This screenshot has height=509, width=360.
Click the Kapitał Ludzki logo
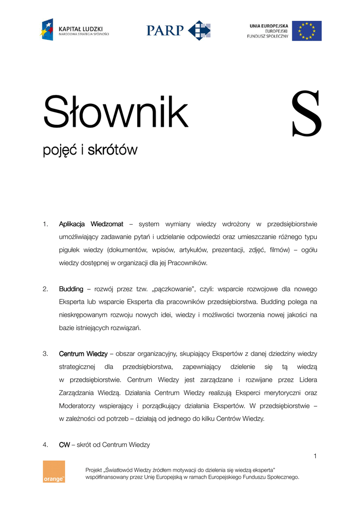(x=75, y=30)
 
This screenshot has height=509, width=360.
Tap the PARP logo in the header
(x=179, y=30)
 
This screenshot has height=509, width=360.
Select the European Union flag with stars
(x=306, y=31)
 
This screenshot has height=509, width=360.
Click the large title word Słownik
(x=116, y=112)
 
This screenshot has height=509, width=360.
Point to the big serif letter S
(x=306, y=115)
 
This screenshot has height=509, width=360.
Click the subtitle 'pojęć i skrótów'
(x=90, y=150)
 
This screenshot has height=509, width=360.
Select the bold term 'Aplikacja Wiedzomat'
(x=91, y=224)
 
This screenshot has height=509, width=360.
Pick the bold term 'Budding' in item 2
(x=71, y=289)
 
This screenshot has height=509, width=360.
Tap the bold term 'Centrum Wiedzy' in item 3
(x=83, y=354)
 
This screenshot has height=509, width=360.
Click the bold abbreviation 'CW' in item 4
(x=65, y=445)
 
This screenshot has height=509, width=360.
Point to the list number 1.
(x=45, y=224)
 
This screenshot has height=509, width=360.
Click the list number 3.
(x=45, y=354)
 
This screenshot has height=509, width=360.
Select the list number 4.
(x=45, y=445)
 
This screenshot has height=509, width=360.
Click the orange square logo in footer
(x=54, y=471)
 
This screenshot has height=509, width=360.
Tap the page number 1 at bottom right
(x=315, y=456)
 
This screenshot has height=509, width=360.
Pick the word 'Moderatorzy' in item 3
(x=79, y=406)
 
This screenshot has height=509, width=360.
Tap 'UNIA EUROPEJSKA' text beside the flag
(x=269, y=25)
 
